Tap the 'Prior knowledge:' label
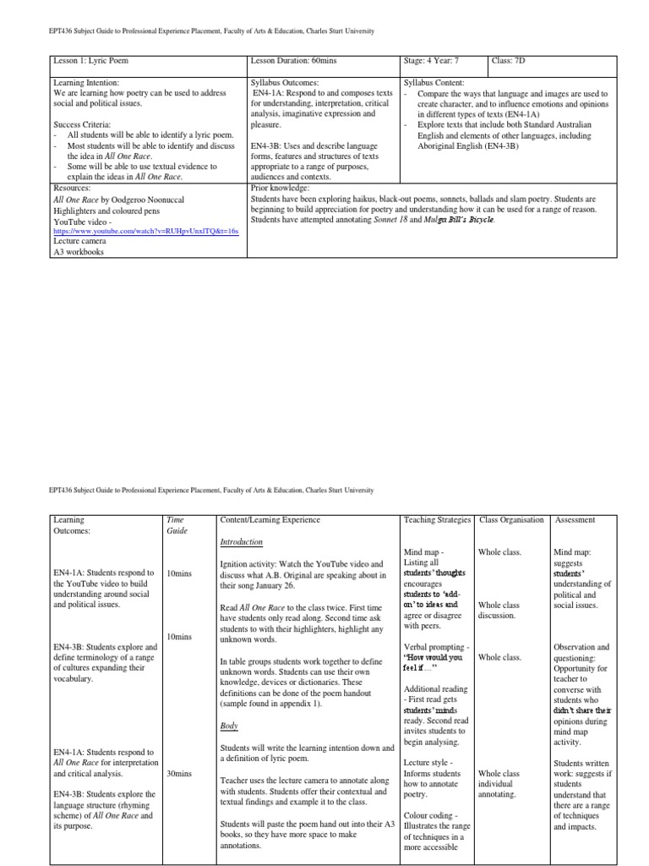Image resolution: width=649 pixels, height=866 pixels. point(280,188)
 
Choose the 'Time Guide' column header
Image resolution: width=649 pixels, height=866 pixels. point(177,525)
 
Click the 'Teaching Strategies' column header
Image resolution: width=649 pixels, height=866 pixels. point(437,519)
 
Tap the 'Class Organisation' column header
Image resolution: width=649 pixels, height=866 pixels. point(511,519)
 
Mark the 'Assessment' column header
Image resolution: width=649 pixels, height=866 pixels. point(575,519)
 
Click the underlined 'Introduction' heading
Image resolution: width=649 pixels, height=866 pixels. point(241,541)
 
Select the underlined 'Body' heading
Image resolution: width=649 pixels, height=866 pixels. point(229,726)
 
